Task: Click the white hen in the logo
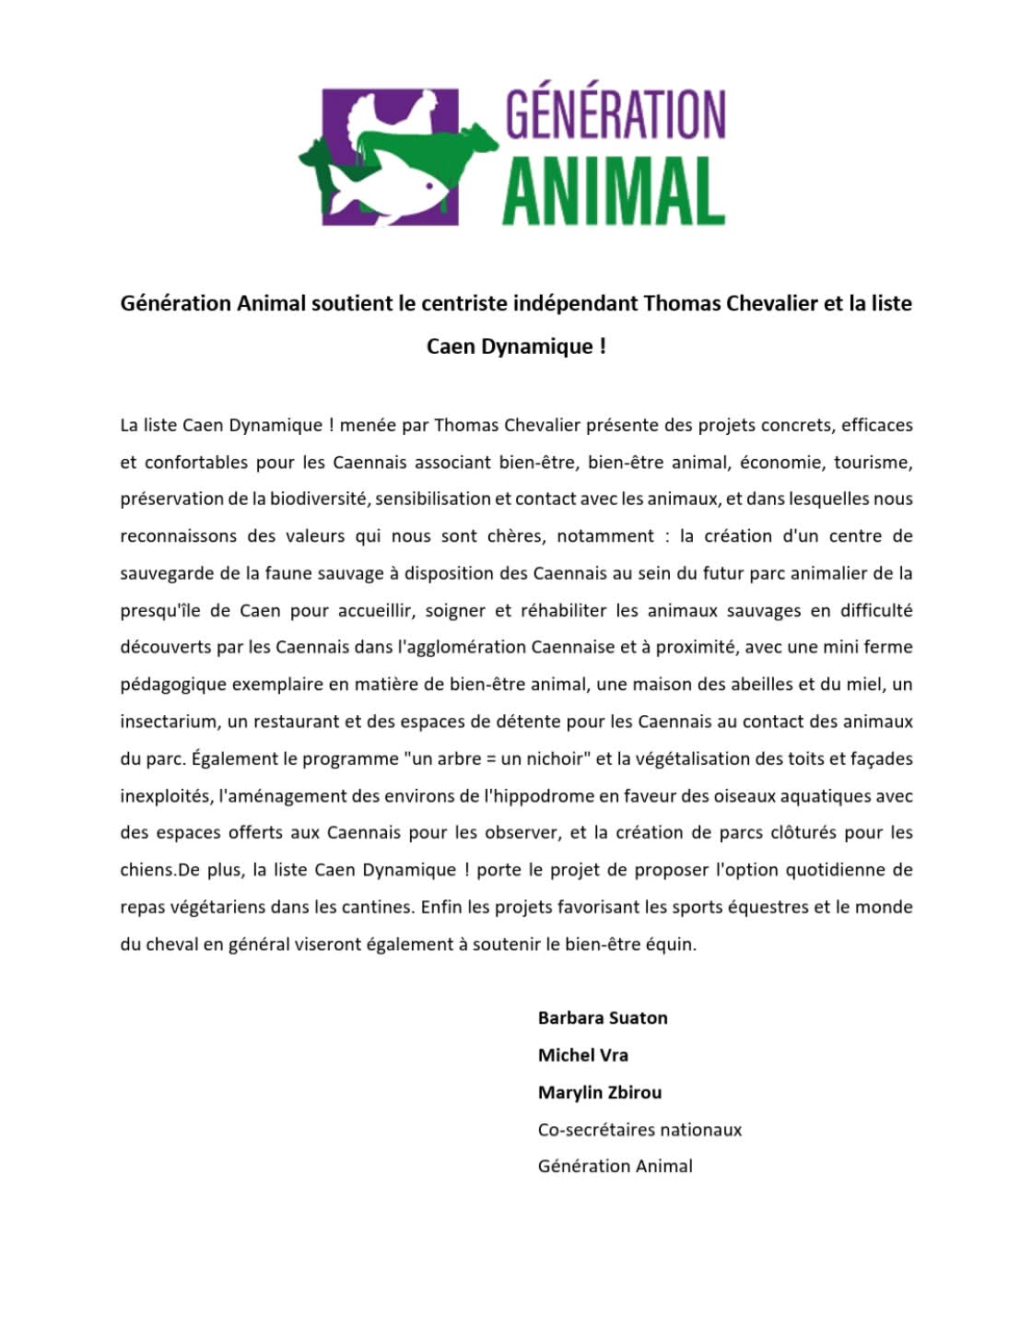pyautogui.click(x=401, y=115)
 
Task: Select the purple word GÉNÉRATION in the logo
pyautogui.click(x=616, y=114)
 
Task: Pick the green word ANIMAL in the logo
pyautogui.click(x=614, y=191)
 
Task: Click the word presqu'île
pyautogui.click(x=164, y=610)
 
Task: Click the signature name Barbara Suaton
pyautogui.click(x=603, y=1017)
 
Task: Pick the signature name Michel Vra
pyautogui.click(x=582, y=1055)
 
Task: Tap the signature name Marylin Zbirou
pyautogui.click(x=600, y=1092)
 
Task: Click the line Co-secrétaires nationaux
pyautogui.click(x=639, y=1129)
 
